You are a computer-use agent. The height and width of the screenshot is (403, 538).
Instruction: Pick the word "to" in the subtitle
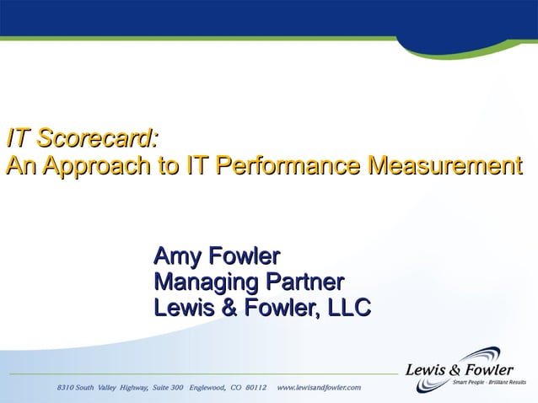tap(167, 165)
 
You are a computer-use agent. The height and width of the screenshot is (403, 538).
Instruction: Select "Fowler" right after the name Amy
tap(244, 255)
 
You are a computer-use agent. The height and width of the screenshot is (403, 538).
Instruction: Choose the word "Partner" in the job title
tap(304, 282)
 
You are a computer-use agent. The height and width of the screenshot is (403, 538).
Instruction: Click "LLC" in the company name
tap(348, 309)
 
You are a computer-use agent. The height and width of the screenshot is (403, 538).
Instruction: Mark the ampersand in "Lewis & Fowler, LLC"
tap(227, 309)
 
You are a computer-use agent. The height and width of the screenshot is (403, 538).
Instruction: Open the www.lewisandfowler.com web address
tap(319, 387)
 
